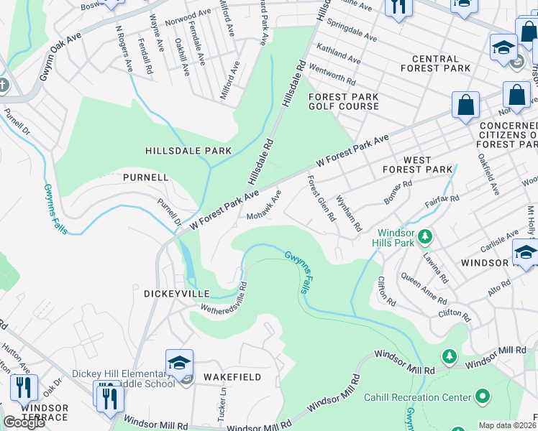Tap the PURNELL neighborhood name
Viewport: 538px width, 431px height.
(x=145, y=177)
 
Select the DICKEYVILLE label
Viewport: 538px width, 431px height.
(x=176, y=294)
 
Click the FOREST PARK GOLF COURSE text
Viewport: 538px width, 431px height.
(x=343, y=101)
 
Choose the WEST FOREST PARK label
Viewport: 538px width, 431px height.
(x=417, y=164)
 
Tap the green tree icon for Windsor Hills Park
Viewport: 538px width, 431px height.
(x=425, y=236)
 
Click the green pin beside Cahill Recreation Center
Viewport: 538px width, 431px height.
(x=482, y=397)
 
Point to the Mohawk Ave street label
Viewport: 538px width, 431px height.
(x=263, y=205)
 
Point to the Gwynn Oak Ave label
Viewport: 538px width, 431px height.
(x=58, y=56)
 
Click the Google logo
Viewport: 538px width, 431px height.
(x=24, y=422)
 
